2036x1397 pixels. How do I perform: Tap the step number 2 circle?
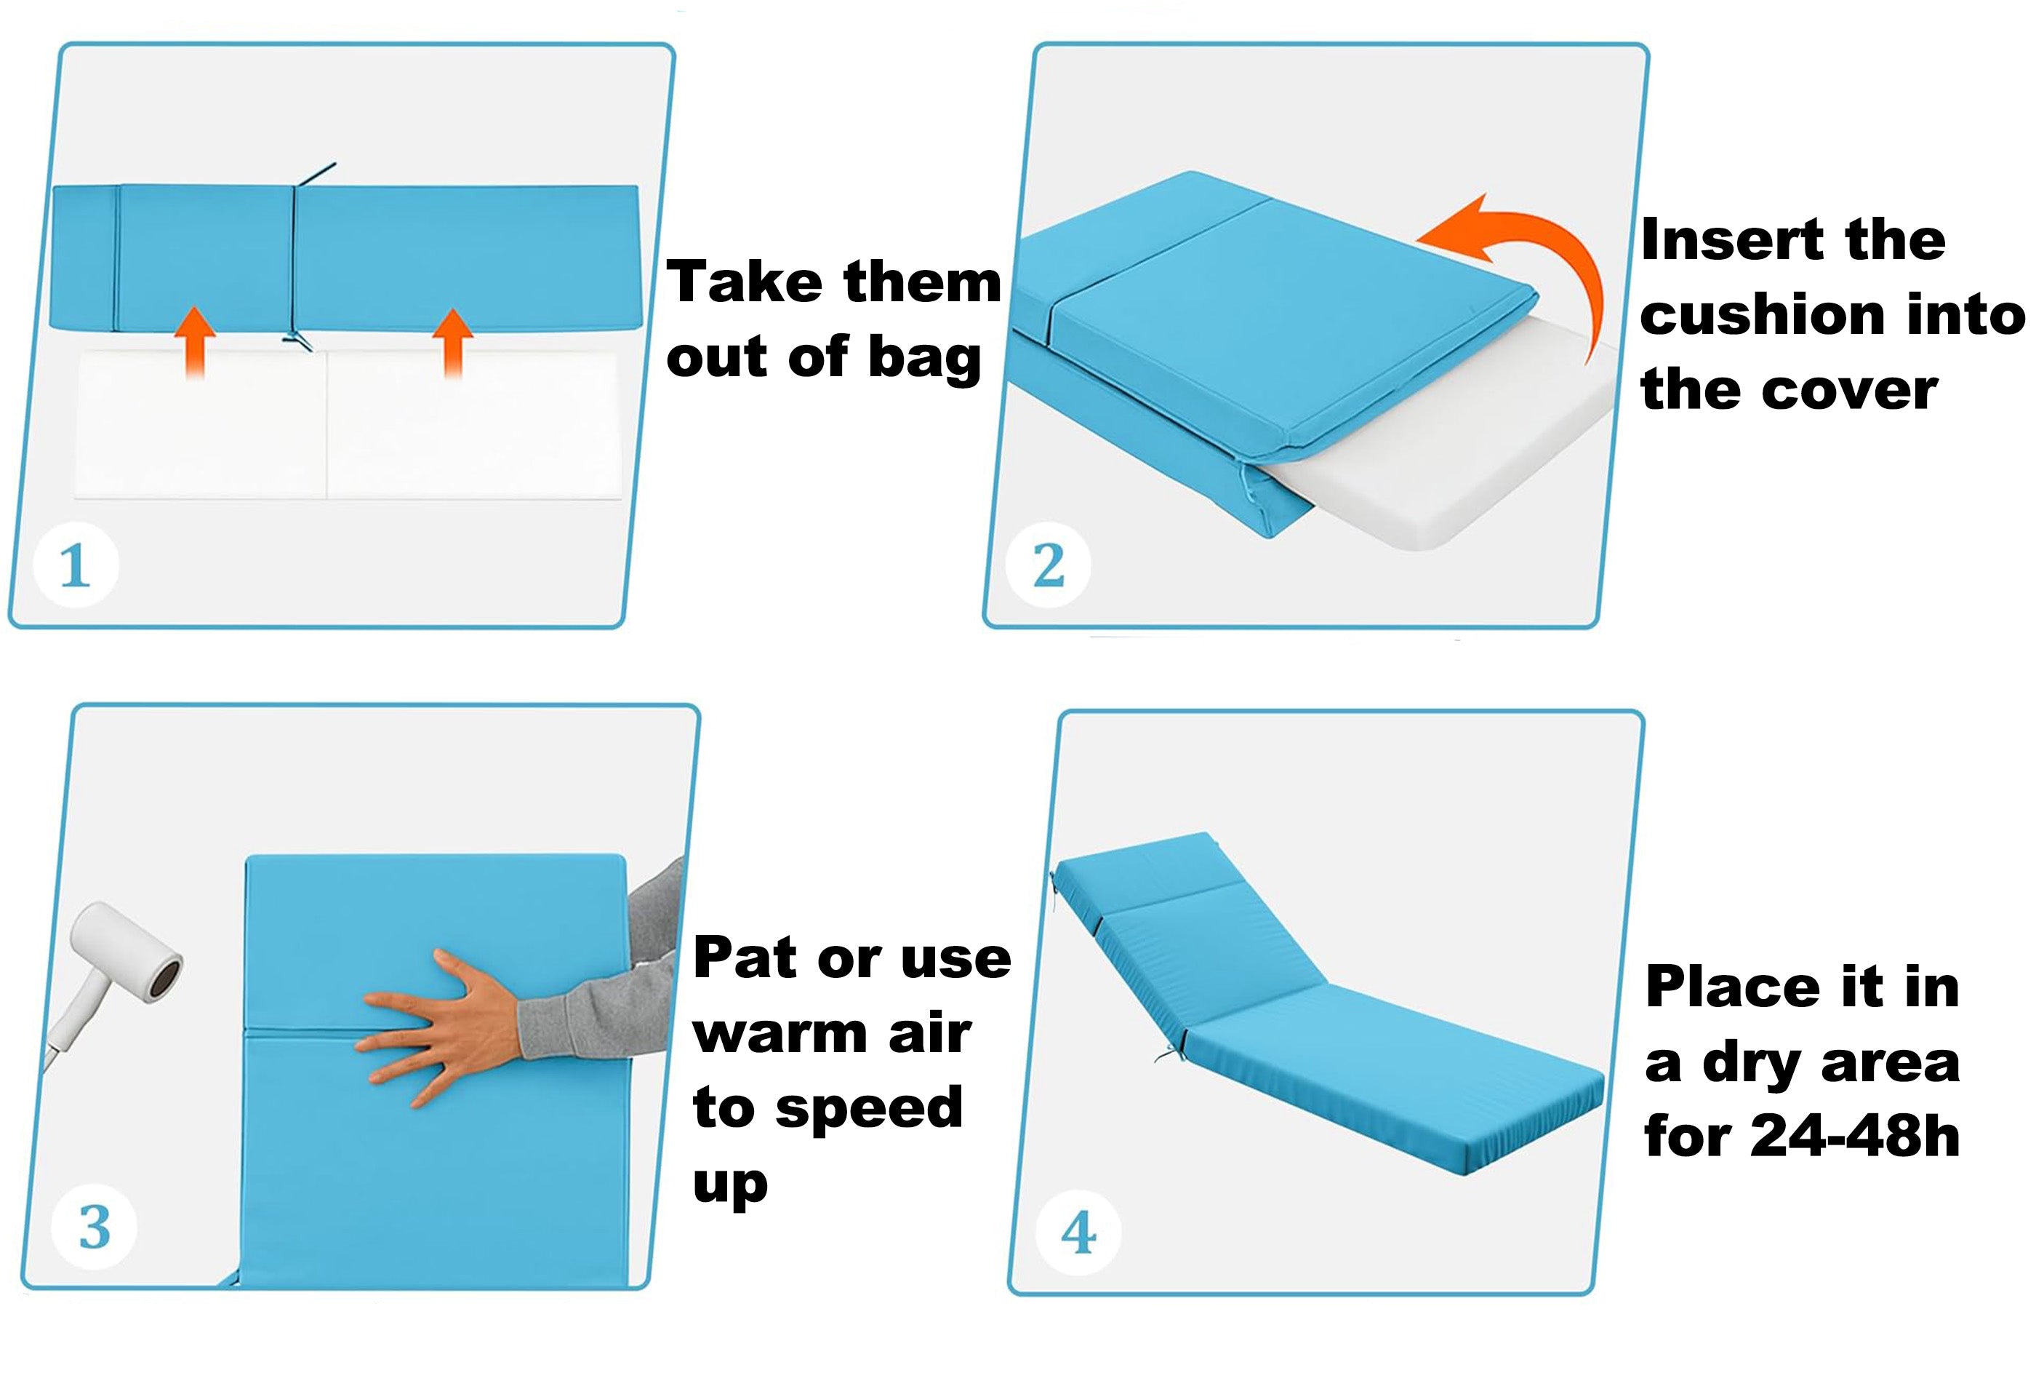click(x=1049, y=565)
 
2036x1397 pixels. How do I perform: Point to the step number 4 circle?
click(x=1078, y=1233)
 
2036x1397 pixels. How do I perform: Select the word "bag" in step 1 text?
click(x=923, y=359)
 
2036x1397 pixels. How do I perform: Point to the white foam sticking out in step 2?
click(x=1446, y=455)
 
